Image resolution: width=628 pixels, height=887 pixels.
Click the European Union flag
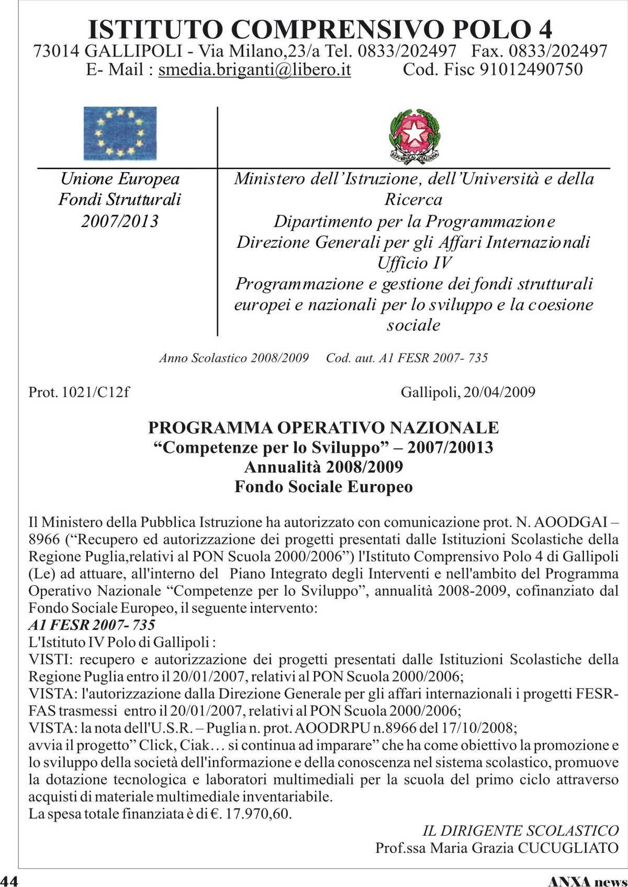coord(120,133)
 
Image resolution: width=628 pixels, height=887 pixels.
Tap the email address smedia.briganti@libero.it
coord(254,70)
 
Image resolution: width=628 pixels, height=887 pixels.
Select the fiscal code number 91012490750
coord(531,70)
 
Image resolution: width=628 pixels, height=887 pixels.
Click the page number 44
coord(9,881)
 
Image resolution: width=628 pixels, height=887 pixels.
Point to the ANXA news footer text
coord(587,881)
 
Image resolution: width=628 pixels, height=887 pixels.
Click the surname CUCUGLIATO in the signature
coord(568,848)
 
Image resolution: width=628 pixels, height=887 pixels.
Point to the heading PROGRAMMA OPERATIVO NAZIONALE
coord(323,427)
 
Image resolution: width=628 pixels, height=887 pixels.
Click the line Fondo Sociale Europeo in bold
coord(323,487)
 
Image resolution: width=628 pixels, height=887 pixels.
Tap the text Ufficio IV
coord(413,263)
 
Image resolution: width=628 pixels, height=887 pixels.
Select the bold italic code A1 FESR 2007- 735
coord(92,625)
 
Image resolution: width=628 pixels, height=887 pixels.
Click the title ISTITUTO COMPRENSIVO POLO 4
coord(320,29)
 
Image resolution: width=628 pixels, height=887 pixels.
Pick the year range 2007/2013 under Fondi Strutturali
coord(120,221)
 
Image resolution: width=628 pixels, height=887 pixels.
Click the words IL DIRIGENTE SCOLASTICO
coord(520,831)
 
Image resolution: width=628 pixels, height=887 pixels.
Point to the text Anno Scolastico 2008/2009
coord(234,358)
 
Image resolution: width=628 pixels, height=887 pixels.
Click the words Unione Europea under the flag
coord(120,179)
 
